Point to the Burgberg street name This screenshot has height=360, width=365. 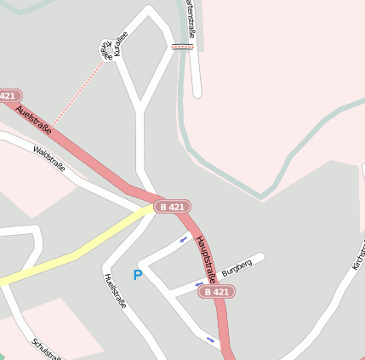237,266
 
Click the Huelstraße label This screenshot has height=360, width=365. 114,290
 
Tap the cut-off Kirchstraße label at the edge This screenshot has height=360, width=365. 358,260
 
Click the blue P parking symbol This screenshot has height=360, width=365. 137,276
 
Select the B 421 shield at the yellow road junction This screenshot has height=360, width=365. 172,206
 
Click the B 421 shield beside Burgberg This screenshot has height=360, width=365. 216,292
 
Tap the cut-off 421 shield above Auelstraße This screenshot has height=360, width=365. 9,96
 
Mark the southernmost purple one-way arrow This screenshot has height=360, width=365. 210,340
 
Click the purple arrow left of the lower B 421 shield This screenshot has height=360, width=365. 199,284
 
